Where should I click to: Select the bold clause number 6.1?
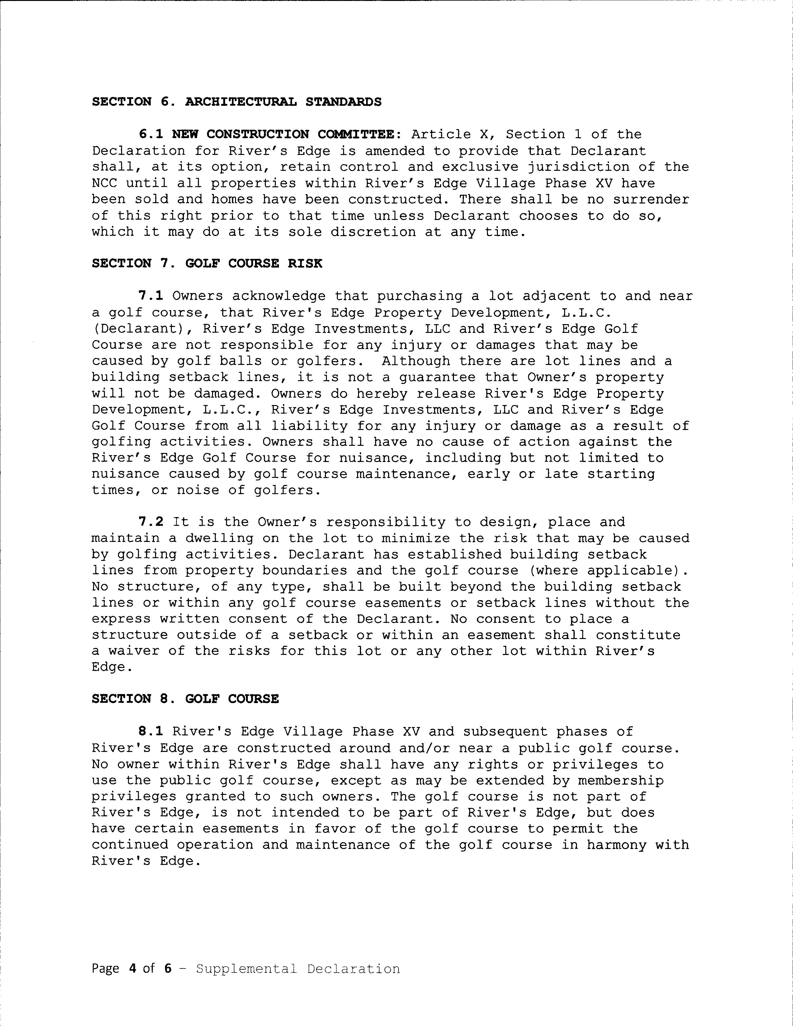tap(151, 134)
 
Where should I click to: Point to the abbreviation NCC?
tap(104, 183)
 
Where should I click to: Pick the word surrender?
tap(651, 200)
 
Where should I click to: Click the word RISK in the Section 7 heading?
tap(305, 263)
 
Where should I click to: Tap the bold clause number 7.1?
tap(151, 296)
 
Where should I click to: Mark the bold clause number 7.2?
tap(151, 522)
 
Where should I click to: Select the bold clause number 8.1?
tap(151, 732)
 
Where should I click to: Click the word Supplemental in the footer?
tap(246, 969)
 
